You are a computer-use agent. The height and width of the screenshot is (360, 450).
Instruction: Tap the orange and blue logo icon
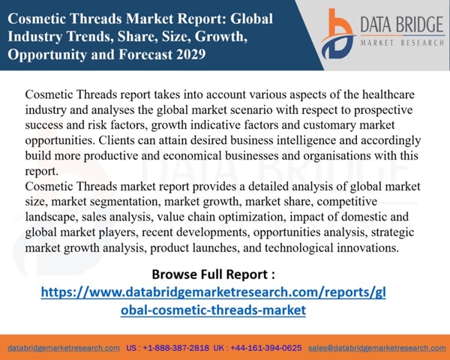point(338,34)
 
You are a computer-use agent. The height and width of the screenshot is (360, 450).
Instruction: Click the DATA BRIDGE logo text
point(402,25)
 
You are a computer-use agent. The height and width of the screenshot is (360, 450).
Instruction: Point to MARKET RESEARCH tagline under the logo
point(402,43)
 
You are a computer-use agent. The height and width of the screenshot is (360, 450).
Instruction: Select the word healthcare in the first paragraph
point(388,94)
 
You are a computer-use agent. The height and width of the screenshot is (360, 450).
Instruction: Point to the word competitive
point(347,202)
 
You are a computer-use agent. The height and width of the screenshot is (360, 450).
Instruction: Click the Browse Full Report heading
point(213,274)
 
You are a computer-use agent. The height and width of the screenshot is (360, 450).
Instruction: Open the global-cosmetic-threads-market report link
point(213,301)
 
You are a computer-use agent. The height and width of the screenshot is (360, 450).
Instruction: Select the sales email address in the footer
point(377,348)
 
